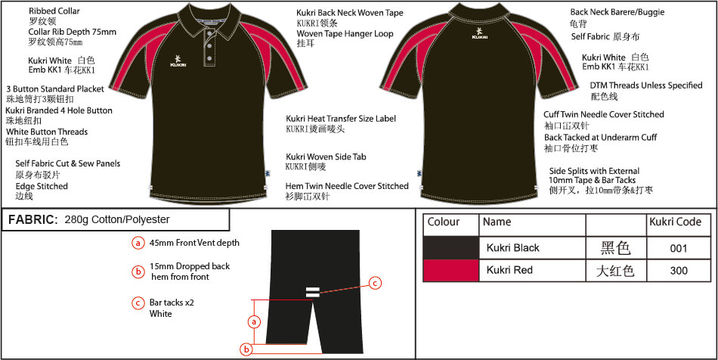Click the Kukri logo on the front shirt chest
(178, 61)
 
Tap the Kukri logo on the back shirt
(478, 33)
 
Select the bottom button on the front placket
(209, 58)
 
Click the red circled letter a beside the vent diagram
(254, 322)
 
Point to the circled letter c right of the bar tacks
(375, 284)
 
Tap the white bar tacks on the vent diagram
(312, 292)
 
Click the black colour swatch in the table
(450, 248)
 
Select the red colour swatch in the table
(450, 270)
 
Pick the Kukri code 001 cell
(678, 248)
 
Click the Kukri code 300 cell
(678, 270)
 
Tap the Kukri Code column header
(676, 222)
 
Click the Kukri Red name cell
(509, 270)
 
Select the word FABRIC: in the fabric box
(33, 220)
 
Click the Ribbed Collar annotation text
(54, 11)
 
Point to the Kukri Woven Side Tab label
(326, 157)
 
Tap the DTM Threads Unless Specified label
(646, 85)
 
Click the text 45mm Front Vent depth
(194, 243)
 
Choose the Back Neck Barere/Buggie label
(617, 12)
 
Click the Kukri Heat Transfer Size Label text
(341, 119)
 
